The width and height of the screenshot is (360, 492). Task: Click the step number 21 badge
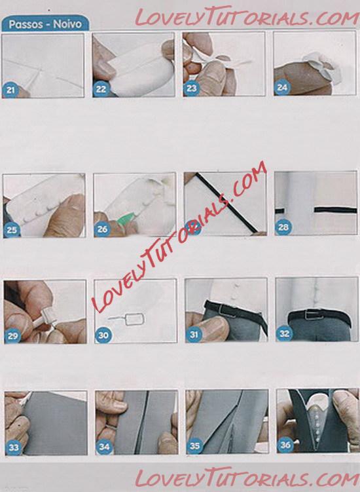click(10, 90)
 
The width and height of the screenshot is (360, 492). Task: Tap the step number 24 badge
click(282, 88)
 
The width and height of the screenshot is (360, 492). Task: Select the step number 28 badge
click(283, 227)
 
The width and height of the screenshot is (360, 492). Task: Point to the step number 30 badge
click(103, 335)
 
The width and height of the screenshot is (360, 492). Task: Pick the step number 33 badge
click(14, 447)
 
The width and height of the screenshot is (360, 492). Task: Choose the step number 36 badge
click(285, 445)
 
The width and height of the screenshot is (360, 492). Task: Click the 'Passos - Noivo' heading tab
click(45, 24)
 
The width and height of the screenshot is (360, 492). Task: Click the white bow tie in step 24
click(323, 67)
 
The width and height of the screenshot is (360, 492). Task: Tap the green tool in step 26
click(126, 218)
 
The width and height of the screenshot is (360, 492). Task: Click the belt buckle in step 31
click(227, 311)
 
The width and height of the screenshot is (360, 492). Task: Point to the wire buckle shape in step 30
click(127, 320)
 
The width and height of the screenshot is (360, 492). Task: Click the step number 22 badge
click(101, 89)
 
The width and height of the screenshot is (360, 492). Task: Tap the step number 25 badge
click(12, 230)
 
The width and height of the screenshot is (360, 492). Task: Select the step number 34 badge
click(104, 447)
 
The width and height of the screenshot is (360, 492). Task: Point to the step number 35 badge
click(194, 446)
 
